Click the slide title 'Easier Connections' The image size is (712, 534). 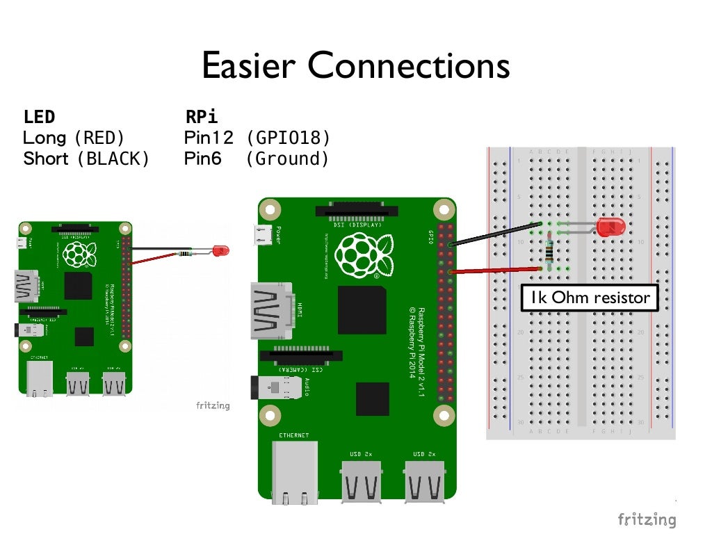click(x=355, y=66)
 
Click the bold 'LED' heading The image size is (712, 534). click(x=39, y=117)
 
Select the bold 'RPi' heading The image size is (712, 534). click(x=202, y=117)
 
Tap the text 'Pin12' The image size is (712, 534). click(x=209, y=138)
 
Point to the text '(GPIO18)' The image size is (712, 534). click(x=288, y=138)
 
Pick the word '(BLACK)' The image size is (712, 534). click(x=113, y=159)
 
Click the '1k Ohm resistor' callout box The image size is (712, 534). click(x=589, y=298)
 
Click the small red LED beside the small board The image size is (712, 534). click(x=221, y=250)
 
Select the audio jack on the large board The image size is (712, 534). click(x=278, y=388)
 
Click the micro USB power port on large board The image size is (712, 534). click(x=264, y=236)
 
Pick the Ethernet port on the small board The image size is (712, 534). click(x=40, y=378)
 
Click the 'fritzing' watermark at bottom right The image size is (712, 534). click(x=647, y=519)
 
